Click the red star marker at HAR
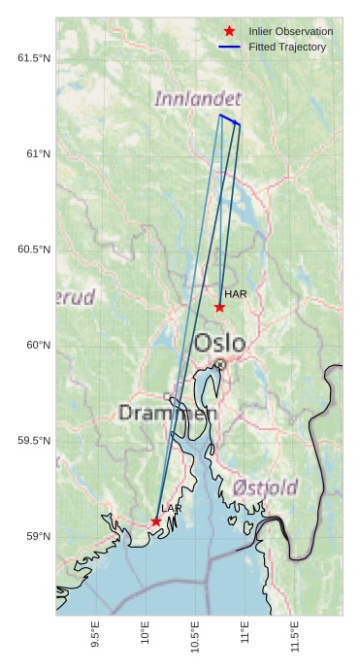[x=219, y=308]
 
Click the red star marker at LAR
[x=156, y=521]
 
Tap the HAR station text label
[x=236, y=293]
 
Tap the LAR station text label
[x=172, y=508]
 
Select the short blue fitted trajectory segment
[x=229, y=119]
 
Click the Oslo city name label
[x=219, y=343]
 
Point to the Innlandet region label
[x=197, y=98]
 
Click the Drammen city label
[x=167, y=413]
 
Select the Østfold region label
[x=265, y=486]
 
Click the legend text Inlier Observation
[x=290, y=32]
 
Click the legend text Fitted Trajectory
[x=287, y=47]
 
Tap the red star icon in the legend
[x=229, y=32]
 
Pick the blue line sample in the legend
[x=229, y=47]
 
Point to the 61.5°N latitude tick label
[x=34, y=58]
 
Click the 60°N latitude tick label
[x=38, y=346]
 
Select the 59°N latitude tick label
[x=38, y=537]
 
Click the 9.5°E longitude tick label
[x=95, y=634]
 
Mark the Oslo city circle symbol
[x=220, y=364]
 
